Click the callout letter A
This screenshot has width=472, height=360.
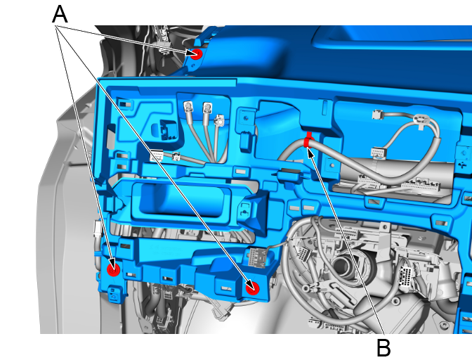(x=60, y=15)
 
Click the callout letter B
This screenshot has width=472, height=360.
(x=383, y=348)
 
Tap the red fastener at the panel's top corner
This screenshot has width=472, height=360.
(x=196, y=54)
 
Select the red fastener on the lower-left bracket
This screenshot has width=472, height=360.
(x=114, y=269)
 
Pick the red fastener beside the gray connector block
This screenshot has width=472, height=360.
(x=252, y=288)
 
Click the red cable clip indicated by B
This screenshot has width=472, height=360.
(x=308, y=140)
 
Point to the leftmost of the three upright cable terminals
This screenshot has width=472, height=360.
(x=188, y=107)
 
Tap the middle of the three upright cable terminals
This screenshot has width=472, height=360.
(x=207, y=108)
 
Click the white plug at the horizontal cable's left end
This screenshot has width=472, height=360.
(x=157, y=156)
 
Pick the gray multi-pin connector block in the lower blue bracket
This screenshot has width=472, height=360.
(x=256, y=257)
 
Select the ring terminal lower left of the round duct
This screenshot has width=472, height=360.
(x=306, y=289)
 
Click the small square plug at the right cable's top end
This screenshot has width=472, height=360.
(x=377, y=115)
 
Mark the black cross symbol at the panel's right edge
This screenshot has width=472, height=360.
(x=462, y=165)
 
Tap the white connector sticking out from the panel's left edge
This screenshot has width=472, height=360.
(x=98, y=229)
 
